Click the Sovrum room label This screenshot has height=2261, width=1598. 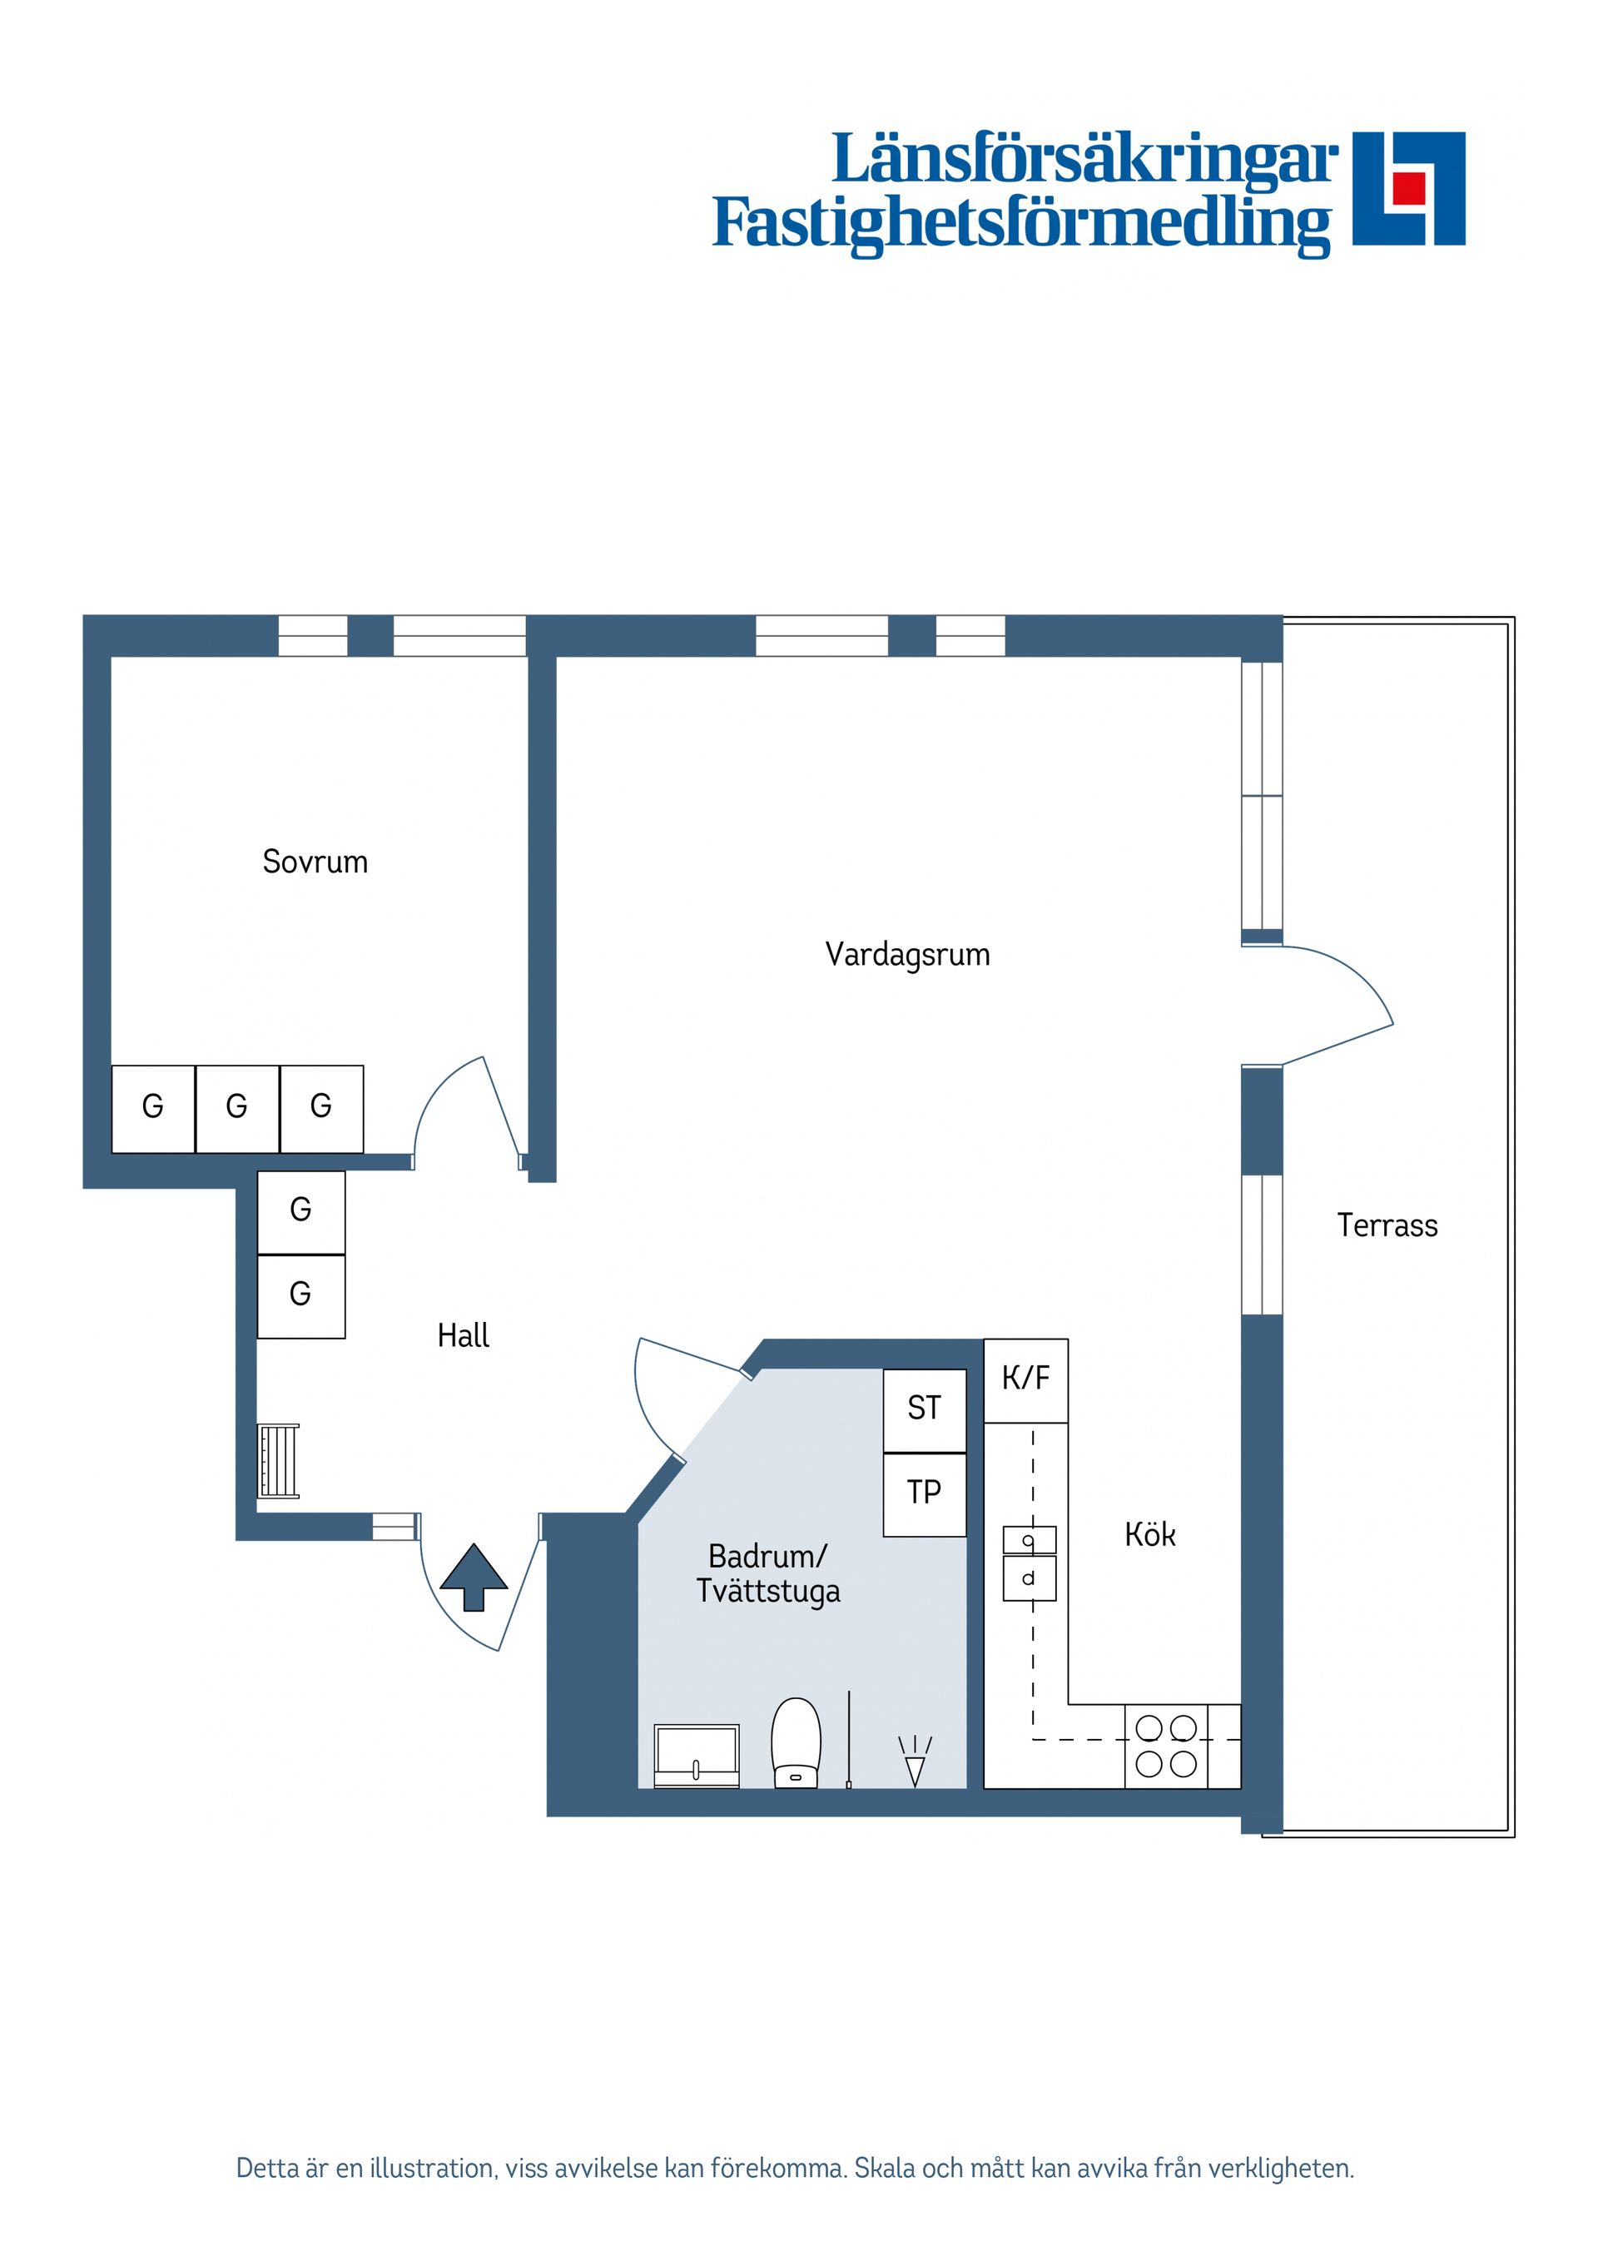coord(315,862)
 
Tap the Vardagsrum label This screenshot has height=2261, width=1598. coord(907,954)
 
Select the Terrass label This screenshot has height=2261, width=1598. coord(1387,1225)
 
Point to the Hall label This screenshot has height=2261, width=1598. coord(463,1335)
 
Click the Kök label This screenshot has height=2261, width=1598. coord(1149,1534)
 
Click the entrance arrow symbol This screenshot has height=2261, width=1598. coord(474,1577)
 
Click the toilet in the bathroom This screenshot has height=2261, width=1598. coord(796,1742)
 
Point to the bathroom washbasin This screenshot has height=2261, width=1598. coord(696,1754)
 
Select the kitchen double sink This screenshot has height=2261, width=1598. coord(1029,1563)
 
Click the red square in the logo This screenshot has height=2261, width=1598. coord(1409,187)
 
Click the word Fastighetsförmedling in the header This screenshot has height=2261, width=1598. coord(1021,222)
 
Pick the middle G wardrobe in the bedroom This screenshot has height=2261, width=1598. coord(236,1108)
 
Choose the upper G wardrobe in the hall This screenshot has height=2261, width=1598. coord(300,1210)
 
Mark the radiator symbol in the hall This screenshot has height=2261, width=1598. coord(279,1461)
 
